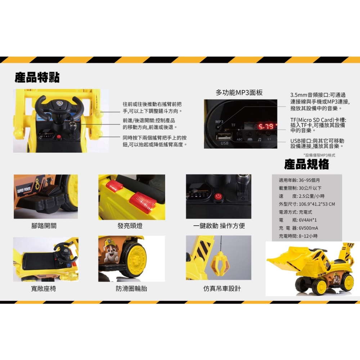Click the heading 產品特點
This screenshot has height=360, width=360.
tap(37, 77)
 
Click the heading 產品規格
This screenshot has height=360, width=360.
tap(306, 165)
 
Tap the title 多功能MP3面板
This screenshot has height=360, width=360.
tap(239, 93)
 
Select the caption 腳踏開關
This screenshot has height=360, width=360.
tap(44, 226)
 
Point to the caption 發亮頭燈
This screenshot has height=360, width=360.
tap(130, 226)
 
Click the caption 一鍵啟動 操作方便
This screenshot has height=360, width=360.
tap(219, 226)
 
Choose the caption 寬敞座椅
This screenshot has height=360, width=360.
tap(43, 288)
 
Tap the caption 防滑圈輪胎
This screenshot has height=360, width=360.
tap(131, 288)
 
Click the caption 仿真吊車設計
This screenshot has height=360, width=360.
tap(222, 288)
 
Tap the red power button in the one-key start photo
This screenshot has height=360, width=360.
tap(217, 197)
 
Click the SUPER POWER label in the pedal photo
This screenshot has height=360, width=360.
tap(24, 190)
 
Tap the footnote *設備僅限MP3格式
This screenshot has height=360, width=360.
tap(319, 155)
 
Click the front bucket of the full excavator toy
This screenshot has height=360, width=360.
tap(285, 259)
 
